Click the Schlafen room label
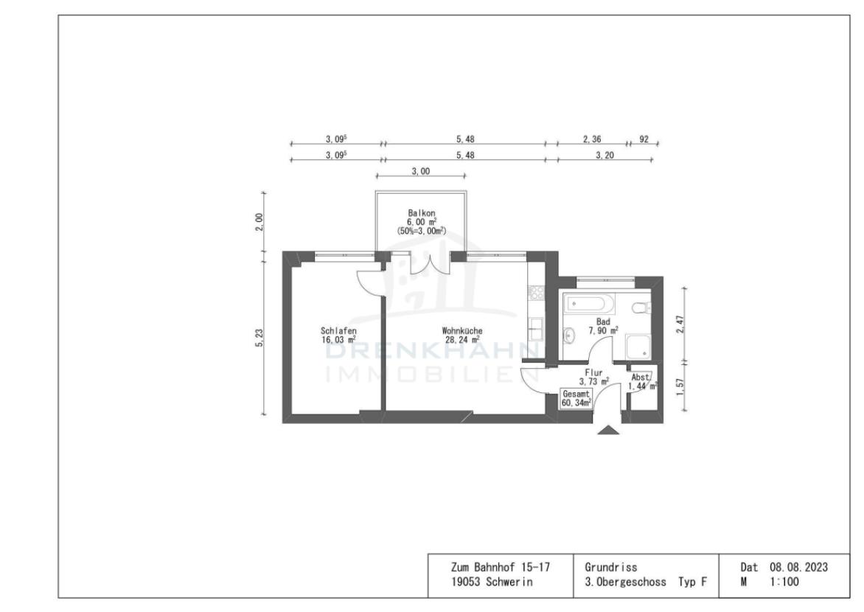(x=338, y=331)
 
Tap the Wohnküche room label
(x=462, y=331)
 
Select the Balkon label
(x=422, y=213)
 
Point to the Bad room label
(x=603, y=321)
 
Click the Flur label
(x=593, y=372)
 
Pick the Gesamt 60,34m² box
(x=576, y=398)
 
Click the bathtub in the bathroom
(x=590, y=303)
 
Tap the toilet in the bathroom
(x=643, y=307)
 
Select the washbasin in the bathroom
(x=568, y=334)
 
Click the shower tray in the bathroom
(x=638, y=347)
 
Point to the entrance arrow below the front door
(x=608, y=430)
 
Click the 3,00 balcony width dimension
(x=421, y=172)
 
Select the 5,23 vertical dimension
(x=259, y=338)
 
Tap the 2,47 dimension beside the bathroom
(x=680, y=324)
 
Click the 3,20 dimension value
(x=605, y=156)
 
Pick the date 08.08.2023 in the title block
(x=799, y=567)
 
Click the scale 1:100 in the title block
(x=784, y=581)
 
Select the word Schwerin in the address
(x=509, y=582)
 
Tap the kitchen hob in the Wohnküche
(x=536, y=292)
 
